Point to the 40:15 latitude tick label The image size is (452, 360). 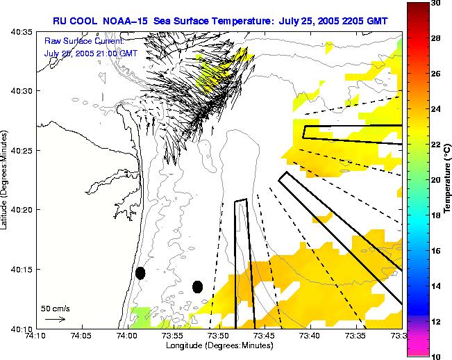tap(22, 269)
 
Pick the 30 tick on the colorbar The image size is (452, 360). tap(435, 3)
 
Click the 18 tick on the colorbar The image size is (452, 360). tap(435, 215)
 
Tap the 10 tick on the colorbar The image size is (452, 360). tap(435, 356)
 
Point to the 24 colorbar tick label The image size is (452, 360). tap(435, 109)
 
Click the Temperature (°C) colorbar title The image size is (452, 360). tap(448, 179)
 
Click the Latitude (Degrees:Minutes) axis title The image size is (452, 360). tap(5, 179)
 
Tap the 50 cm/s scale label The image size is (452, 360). tap(54, 307)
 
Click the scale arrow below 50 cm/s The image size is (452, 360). tap(55, 319)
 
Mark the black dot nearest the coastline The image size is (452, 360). tap(140, 272)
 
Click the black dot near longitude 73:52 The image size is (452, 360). tap(197, 286)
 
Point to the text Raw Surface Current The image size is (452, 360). tap(84, 42)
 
